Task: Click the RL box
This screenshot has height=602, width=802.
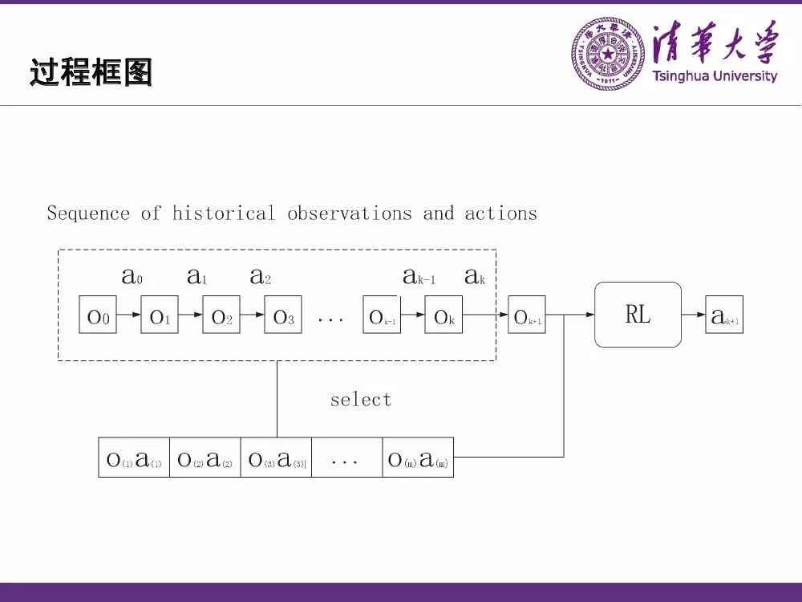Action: (x=638, y=315)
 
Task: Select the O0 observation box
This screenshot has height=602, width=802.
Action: (x=97, y=315)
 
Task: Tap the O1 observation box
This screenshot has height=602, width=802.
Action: (x=159, y=315)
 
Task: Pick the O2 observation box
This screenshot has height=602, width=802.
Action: (x=221, y=315)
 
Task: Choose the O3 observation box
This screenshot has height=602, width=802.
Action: (x=284, y=315)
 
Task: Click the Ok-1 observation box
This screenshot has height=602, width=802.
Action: (x=382, y=315)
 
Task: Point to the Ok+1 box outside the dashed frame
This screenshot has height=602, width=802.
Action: (x=527, y=315)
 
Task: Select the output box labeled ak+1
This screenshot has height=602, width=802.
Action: (x=724, y=315)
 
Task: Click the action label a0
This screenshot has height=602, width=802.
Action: (x=132, y=277)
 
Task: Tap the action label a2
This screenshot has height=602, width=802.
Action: (x=260, y=277)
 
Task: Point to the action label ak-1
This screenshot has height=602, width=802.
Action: (x=419, y=277)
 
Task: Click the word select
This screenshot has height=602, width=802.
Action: (x=361, y=400)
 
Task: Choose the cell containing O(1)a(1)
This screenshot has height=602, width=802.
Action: (x=134, y=458)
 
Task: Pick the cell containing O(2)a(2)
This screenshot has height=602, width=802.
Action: (x=205, y=458)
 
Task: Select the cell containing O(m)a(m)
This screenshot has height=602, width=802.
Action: (x=418, y=458)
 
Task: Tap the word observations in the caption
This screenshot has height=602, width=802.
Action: (x=350, y=214)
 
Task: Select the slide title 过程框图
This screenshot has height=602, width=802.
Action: (x=91, y=72)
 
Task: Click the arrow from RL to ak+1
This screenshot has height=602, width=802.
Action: (x=693, y=315)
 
